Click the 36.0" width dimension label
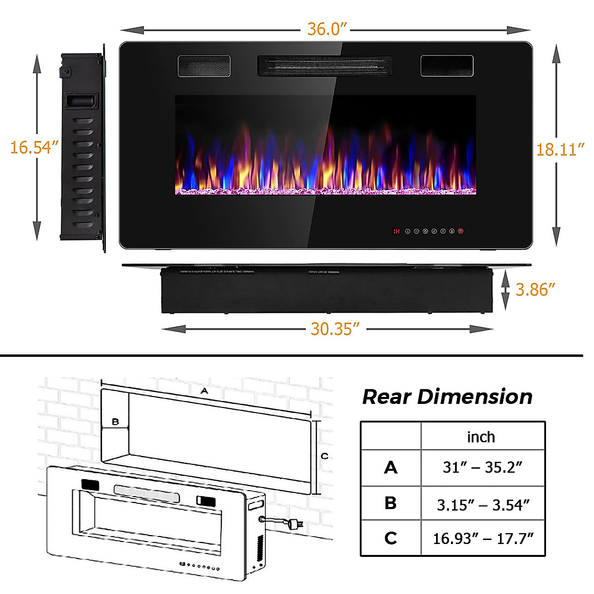point(325,29)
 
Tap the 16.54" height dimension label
point(34,147)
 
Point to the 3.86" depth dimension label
point(535,290)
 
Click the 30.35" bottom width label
point(335,329)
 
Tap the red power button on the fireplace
point(461,231)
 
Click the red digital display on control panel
point(396,231)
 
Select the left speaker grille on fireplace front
point(204,66)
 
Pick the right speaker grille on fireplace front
point(446,66)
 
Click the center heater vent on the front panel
point(325,66)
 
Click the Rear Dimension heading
point(447,396)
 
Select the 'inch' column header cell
point(481,437)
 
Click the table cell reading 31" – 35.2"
point(482,467)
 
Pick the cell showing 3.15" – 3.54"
point(483,505)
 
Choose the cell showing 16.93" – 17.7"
point(483,538)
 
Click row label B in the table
point(390,503)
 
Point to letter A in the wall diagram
point(204,391)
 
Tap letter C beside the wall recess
point(324,456)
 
